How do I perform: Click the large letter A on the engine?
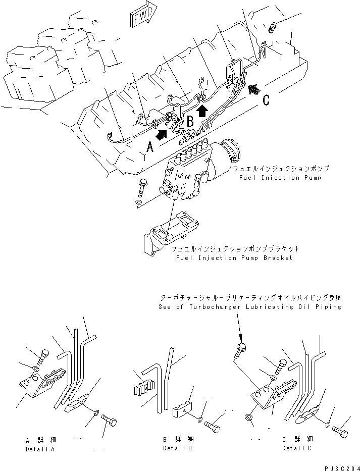[x=150, y=147]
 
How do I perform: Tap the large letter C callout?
[x=266, y=100]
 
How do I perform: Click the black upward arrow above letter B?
[x=202, y=110]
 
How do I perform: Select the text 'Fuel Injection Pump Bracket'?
[x=234, y=258]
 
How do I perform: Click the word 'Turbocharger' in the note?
[x=219, y=306]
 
